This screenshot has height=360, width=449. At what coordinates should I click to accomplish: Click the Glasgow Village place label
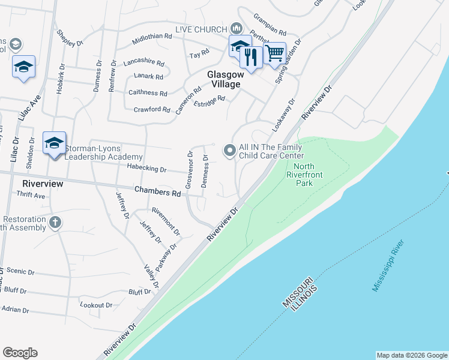(x=224, y=79)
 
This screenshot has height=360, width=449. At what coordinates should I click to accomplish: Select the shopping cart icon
(x=274, y=53)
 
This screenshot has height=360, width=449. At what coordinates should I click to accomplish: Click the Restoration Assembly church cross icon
(x=55, y=223)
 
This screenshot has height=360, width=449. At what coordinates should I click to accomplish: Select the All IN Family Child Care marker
(x=229, y=151)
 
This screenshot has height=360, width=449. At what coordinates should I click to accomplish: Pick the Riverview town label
(x=43, y=183)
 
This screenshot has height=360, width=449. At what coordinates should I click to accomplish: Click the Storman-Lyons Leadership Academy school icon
(x=54, y=143)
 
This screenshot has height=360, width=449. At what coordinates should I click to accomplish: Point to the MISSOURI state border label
(x=296, y=292)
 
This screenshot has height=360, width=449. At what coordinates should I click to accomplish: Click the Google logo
(x=20, y=353)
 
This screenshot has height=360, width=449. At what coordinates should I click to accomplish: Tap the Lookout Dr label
(x=96, y=305)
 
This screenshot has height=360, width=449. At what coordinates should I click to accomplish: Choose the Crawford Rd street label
(x=152, y=109)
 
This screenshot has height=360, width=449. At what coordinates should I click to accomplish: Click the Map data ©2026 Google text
(x=411, y=355)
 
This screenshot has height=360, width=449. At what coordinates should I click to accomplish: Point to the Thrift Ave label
(x=31, y=196)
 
